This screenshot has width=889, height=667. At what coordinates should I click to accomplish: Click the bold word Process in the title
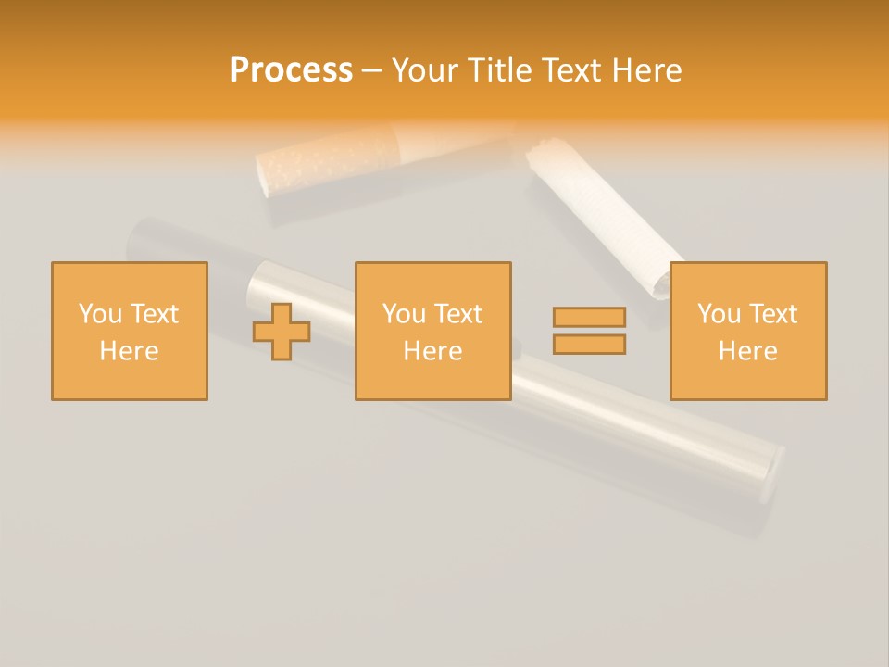291,70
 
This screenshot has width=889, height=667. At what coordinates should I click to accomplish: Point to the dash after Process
371,71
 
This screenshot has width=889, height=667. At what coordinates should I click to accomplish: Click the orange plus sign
282,331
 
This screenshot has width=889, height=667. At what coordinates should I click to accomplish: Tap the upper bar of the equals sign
589,317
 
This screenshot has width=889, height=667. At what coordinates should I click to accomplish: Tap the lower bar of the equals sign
589,345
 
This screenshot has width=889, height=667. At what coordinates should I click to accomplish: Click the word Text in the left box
154,314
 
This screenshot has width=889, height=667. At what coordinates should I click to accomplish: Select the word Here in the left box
129,351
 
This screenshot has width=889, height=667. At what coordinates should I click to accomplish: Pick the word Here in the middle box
432,351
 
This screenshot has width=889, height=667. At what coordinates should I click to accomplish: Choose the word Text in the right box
772,314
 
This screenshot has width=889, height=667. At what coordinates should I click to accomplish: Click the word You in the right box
719,314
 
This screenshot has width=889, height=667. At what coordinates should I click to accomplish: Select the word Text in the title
569,70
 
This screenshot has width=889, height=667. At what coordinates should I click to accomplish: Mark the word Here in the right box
747,351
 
